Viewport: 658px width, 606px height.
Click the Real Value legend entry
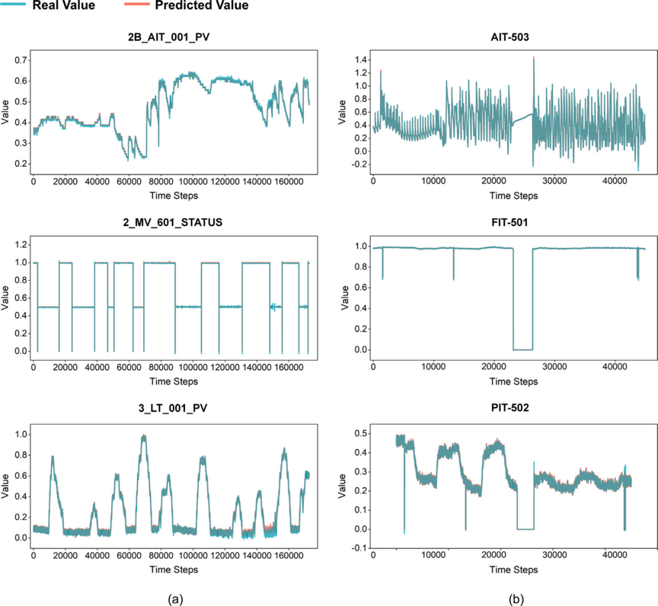(x=48, y=5)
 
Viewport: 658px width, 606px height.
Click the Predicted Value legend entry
(x=186, y=5)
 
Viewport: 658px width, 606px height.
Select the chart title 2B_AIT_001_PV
(x=169, y=37)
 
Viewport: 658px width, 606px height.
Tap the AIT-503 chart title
(x=509, y=37)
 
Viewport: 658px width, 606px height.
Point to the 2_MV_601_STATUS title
(x=172, y=222)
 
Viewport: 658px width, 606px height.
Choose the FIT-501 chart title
(x=509, y=222)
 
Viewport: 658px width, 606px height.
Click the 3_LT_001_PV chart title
(x=173, y=408)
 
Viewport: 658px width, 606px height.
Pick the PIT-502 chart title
(x=509, y=407)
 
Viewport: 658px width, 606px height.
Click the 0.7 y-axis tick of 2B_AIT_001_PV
(x=21, y=60)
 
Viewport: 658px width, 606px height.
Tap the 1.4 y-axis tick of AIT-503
(x=361, y=60)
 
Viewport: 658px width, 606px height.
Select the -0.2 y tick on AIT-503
(x=359, y=164)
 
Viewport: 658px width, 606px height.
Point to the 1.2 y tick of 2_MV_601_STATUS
(x=21, y=244)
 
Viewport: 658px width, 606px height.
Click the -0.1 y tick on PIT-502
(x=359, y=548)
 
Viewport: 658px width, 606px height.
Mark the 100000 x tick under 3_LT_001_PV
(x=193, y=556)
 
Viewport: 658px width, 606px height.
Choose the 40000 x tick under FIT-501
(x=615, y=366)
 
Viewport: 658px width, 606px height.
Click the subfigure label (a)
(x=175, y=599)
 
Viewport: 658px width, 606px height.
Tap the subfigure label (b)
(x=516, y=599)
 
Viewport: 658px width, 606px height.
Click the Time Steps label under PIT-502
(x=513, y=569)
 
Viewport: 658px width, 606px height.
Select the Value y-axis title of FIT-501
(x=345, y=298)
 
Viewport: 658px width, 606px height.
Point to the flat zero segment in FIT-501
(x=523, y=349)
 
